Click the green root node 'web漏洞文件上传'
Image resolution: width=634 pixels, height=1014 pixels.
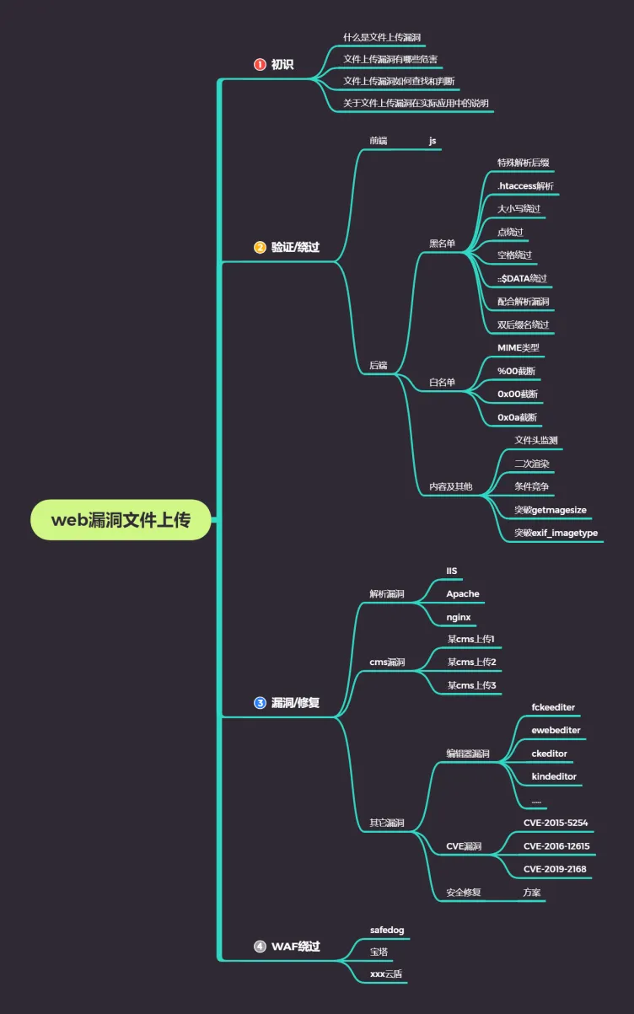121,520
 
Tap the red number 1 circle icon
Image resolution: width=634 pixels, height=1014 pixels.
260,64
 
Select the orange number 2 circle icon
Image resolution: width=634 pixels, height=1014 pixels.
260,247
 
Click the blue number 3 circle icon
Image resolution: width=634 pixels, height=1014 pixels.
260,703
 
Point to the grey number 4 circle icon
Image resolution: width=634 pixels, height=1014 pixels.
260,946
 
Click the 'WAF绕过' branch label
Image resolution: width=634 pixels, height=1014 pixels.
296,946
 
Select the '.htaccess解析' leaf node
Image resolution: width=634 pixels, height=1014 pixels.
525,185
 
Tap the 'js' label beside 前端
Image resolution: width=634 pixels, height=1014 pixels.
433,141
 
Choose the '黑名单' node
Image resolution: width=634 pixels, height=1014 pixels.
442,244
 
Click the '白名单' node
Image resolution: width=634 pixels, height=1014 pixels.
442,382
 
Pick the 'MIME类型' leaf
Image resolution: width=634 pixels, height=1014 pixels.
518,347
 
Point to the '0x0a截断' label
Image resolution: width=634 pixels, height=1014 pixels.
517,417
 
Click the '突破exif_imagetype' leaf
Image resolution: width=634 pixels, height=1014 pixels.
556,533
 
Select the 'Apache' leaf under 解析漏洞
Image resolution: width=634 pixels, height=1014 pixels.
463,593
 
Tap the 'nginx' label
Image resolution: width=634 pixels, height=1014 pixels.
459,617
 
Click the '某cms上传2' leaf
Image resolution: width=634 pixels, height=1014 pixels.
472,662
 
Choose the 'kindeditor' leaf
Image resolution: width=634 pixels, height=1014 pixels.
554,776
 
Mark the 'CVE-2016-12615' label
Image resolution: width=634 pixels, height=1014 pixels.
556,846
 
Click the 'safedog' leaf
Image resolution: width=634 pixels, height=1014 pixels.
387,930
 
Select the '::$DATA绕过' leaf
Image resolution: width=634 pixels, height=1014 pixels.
522,278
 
